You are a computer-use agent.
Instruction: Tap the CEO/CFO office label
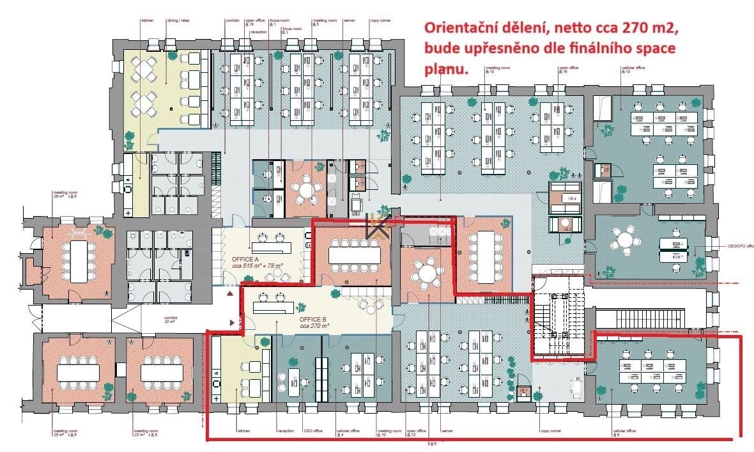tap(733, 245)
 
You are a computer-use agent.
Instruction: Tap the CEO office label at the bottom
tap(312, 431)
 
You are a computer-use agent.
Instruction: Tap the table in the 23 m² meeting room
tap(160, 371)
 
